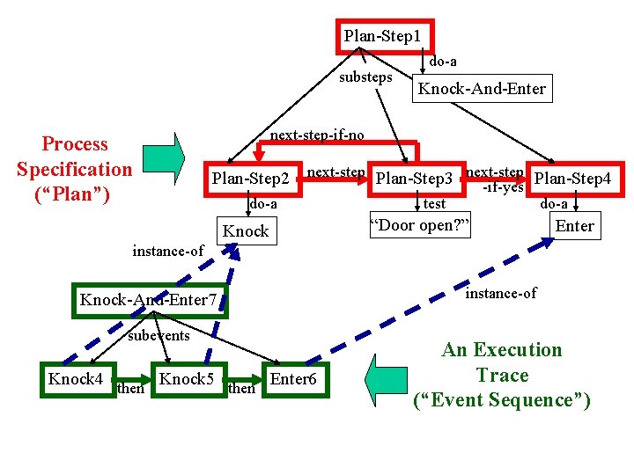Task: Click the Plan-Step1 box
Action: (x=383, y=36)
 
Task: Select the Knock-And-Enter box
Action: (x=482, y=88)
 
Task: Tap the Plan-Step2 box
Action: (x=251, y=179)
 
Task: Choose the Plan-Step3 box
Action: (x=414, y=179)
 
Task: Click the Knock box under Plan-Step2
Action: (x=246, y=231)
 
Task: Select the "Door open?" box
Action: (x=419, y=225)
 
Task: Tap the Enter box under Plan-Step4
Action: (x=574, y=226)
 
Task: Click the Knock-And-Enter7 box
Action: (x=149, y=300)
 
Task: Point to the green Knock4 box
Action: (x=76, y=380)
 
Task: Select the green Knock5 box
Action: (x=186, y=380)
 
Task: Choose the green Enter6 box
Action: (x=294, y=380)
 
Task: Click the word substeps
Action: (x=365, y=77)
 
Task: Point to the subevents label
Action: (x=158, y=335)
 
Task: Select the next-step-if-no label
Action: (x=316, y=135)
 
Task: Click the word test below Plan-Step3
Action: (x=434, y=204)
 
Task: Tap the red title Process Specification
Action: (x=74, y=169)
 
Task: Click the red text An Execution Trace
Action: (x=501, y=375)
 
